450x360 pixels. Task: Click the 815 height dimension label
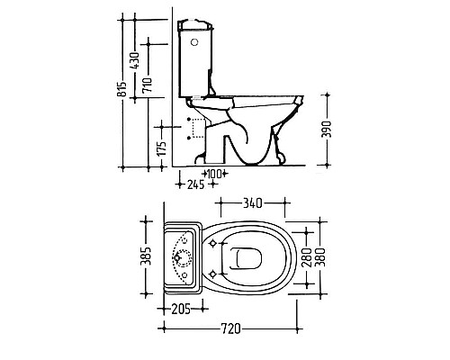point(121,89)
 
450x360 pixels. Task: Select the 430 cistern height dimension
point(135,61)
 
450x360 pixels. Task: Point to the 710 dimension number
point(148,85)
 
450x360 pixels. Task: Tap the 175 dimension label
point(162,148)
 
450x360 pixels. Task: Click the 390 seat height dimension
point(327,130)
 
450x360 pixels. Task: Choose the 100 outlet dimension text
point(215,174)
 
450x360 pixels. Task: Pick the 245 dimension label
point(196,184)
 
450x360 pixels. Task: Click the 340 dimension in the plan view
point(252,203)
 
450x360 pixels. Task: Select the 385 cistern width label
point(146,256)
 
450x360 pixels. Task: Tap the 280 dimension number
point(307,257)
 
